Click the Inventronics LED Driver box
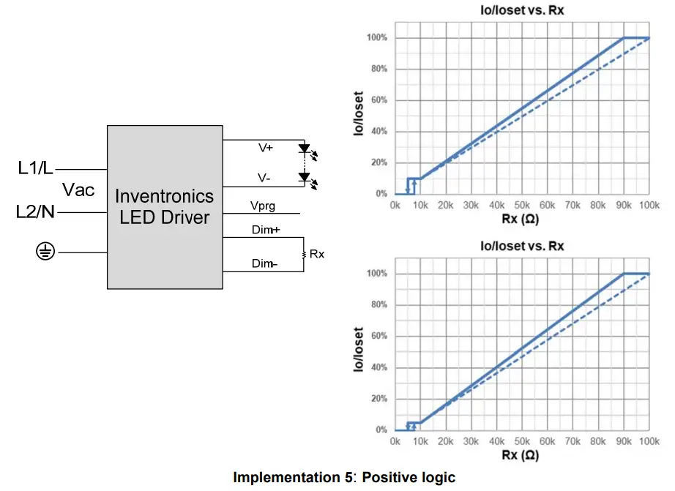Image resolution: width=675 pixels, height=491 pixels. (165, 206)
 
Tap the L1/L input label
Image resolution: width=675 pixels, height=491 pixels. (35, 168)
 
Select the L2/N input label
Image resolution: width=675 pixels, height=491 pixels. (35, 213)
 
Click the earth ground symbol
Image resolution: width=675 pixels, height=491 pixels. (45, 252)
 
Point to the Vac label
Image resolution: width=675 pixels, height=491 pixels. (78, 190)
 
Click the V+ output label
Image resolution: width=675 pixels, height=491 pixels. (265, 148)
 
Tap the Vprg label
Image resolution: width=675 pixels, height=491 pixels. (263, 206)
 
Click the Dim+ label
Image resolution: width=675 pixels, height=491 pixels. (264, 230)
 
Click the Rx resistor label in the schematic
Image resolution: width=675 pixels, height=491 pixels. (317, 254)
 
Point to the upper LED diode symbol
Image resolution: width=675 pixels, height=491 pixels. (305, 149)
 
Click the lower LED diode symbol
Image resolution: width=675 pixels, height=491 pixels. (305, 177)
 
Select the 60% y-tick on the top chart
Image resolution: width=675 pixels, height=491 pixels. (379, 100)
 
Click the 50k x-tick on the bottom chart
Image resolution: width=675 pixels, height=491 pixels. (522, 442)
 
